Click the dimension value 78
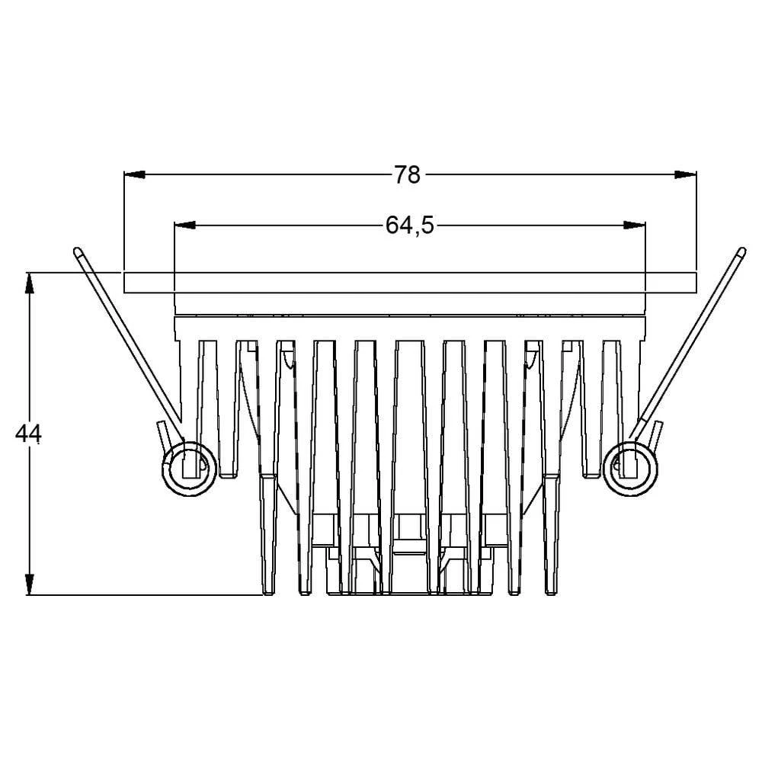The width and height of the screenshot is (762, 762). coord(408,175)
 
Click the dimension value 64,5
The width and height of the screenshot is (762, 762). coord(409,226)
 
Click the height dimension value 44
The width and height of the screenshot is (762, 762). coord(28,434)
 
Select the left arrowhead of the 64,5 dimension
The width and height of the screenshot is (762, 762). coord(185,226)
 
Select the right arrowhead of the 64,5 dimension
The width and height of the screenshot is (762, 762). coord(636,226)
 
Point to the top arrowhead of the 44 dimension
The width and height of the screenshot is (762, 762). coord(29,282)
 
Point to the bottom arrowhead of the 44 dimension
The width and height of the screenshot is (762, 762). coord(29,584)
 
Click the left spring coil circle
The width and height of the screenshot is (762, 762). coord(186,466)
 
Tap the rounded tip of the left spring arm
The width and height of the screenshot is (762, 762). coord(78,251)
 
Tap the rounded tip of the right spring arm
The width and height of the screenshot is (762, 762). coord(740,251)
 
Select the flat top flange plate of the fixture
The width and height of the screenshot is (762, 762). coord(410,283)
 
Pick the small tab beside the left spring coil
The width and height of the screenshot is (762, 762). coord(162,435)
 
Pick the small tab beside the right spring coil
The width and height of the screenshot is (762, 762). coord(655,435)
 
